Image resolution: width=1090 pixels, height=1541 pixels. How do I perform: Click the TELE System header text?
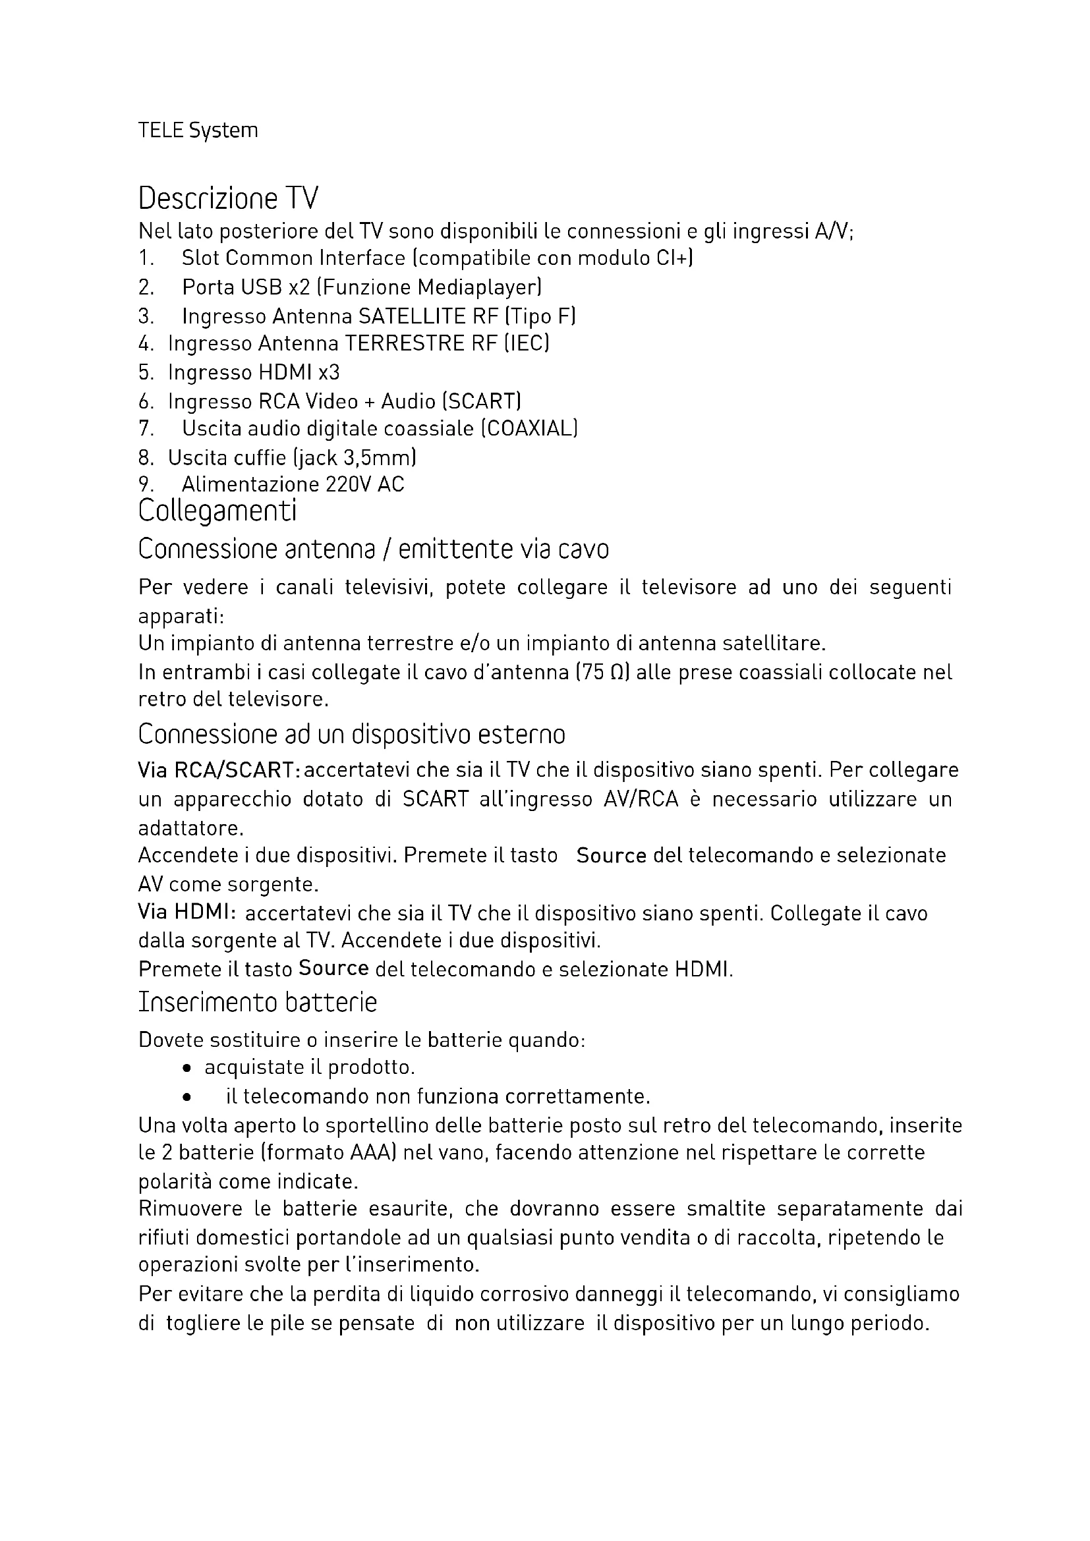[x=198, y=130]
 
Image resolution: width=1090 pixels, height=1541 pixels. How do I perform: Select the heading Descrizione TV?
[x=228, y=199]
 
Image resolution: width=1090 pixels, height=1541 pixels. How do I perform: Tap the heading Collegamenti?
[x=217, y=511]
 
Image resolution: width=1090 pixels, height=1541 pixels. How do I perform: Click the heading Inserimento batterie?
[x=258, y=1002]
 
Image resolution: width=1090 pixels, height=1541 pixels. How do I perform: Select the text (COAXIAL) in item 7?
[x=530, y=428]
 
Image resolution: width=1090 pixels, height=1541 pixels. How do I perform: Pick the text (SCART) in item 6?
[x=482, y=401]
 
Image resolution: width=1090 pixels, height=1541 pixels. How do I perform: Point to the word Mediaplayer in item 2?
[x=478, y=287]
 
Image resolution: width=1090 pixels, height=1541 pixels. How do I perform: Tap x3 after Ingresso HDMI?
[x=329, y=372]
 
